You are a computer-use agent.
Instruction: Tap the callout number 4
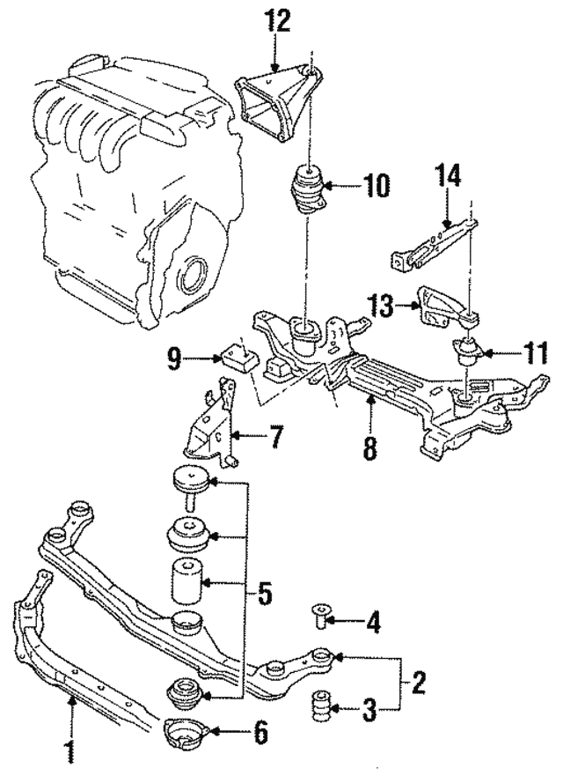(x=373, y=624)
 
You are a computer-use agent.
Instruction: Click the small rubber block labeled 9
(x=238, y=357)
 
